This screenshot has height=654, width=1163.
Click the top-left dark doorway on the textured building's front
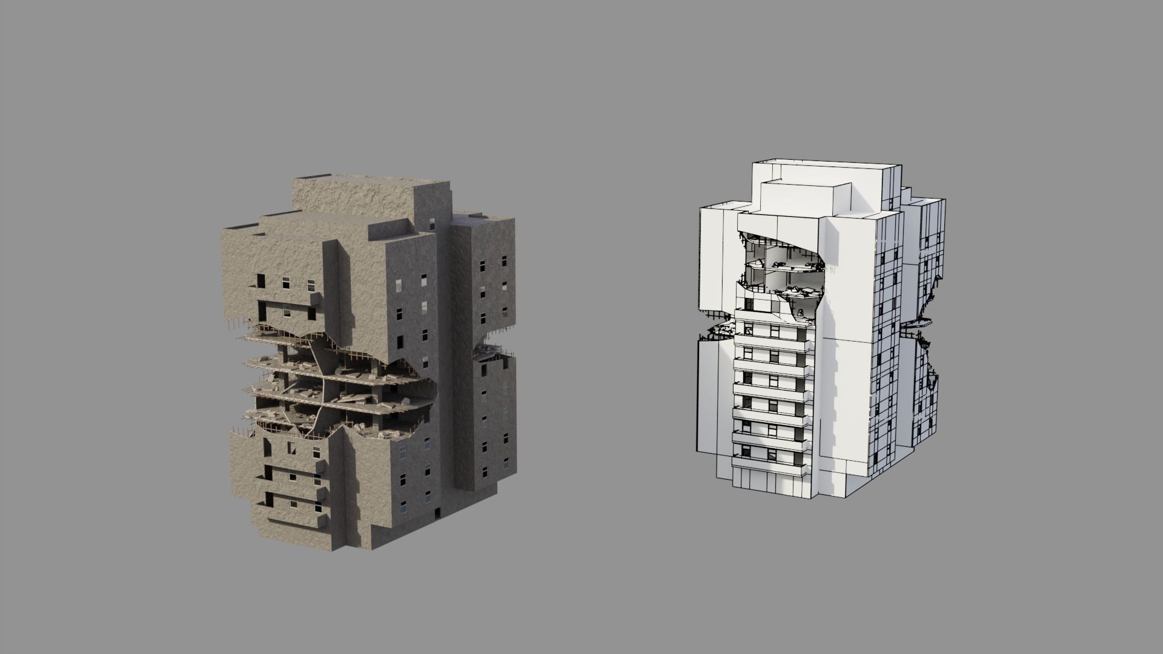click(x=261, y=281)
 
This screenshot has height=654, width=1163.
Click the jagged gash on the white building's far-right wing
click(x=930, y=388)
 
